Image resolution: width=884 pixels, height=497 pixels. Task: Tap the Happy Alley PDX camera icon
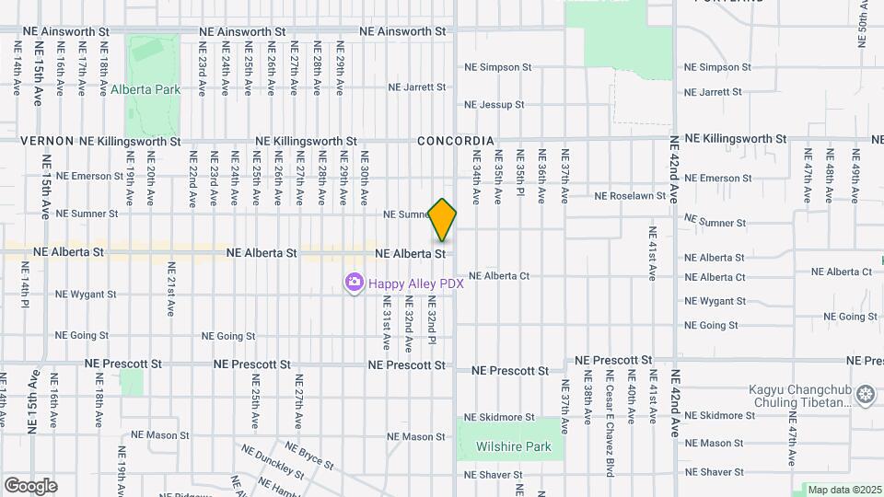click(354, 283)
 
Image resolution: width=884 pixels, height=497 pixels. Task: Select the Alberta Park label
click(145, 90)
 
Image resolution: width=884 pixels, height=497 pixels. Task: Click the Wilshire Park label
click(513, 447)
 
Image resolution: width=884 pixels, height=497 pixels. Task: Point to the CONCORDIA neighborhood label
click(456, 141)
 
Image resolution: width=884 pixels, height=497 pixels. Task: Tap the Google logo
click(30, 486)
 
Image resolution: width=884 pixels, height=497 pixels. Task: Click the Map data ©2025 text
click(844, 490)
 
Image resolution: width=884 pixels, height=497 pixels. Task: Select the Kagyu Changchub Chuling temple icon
click(865, 396)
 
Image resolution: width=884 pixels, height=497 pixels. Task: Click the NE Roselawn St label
click(631, 196)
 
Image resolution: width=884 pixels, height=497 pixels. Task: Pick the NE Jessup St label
click(494, 105)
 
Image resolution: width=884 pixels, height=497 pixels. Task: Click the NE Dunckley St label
click(272, 461)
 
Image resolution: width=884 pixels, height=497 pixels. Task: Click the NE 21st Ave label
click(171, 289)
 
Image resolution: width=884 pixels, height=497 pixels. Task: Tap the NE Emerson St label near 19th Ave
click(89, 176)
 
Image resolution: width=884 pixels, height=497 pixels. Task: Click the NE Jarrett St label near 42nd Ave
click(713, 92)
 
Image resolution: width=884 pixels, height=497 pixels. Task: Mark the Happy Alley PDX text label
click(415, 283)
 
